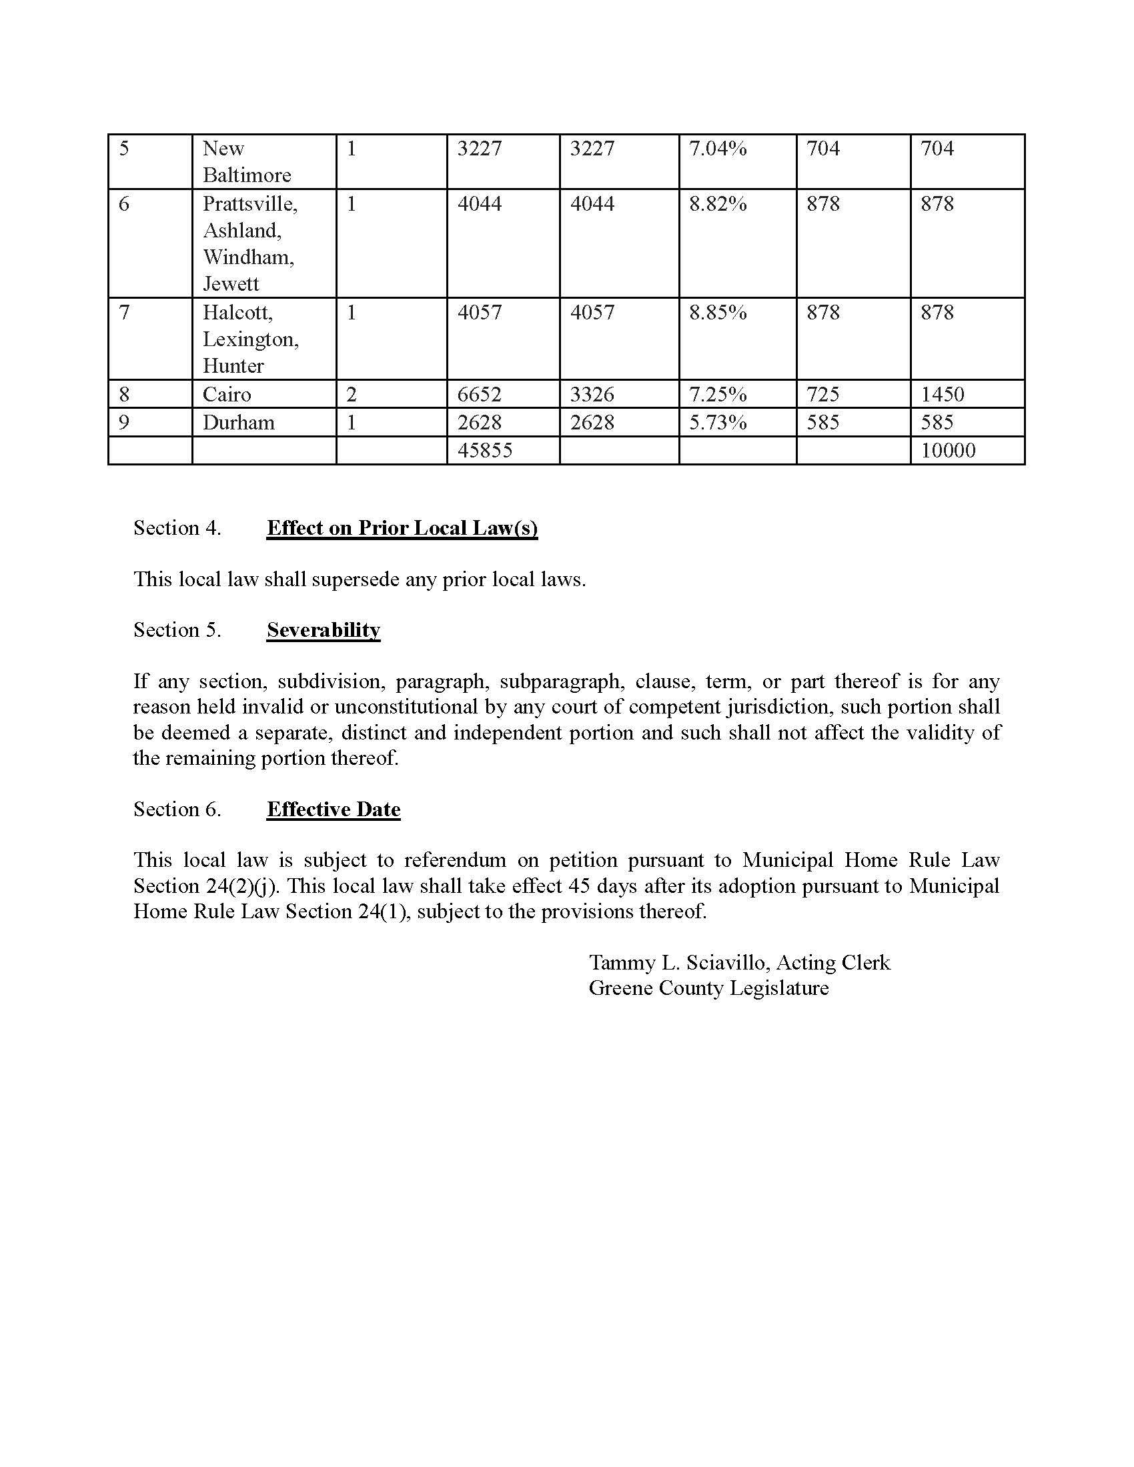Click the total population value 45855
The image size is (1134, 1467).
click(x=484, y=450)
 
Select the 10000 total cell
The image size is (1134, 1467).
click(x=947, y=450)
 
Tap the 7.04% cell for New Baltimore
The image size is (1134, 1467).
click(x=718, y=149)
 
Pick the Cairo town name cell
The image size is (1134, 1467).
click(x=226, y=394)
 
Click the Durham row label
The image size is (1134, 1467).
click(x=239, y=423)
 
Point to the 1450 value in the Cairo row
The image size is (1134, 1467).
click(x=942, y=394)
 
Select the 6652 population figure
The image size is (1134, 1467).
click(x=479, y=394)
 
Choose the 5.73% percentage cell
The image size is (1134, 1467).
click(x=718, y=423)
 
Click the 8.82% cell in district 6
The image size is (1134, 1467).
click(x=718, y=204)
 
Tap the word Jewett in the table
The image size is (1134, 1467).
click(x=230, y=284)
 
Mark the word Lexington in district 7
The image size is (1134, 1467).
click(x=250, y=339)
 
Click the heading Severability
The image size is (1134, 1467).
click(x=323, y=630)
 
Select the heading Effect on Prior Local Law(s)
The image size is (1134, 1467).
click(x=402, y=528)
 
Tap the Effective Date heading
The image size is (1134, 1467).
click(x=334, y=810)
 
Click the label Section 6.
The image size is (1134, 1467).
click(x=177, y=810)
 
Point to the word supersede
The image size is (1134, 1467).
click(x=356, y=579)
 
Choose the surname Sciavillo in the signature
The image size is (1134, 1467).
click(x=728, y=962)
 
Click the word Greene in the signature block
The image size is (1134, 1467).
click(x=621, y=988)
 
